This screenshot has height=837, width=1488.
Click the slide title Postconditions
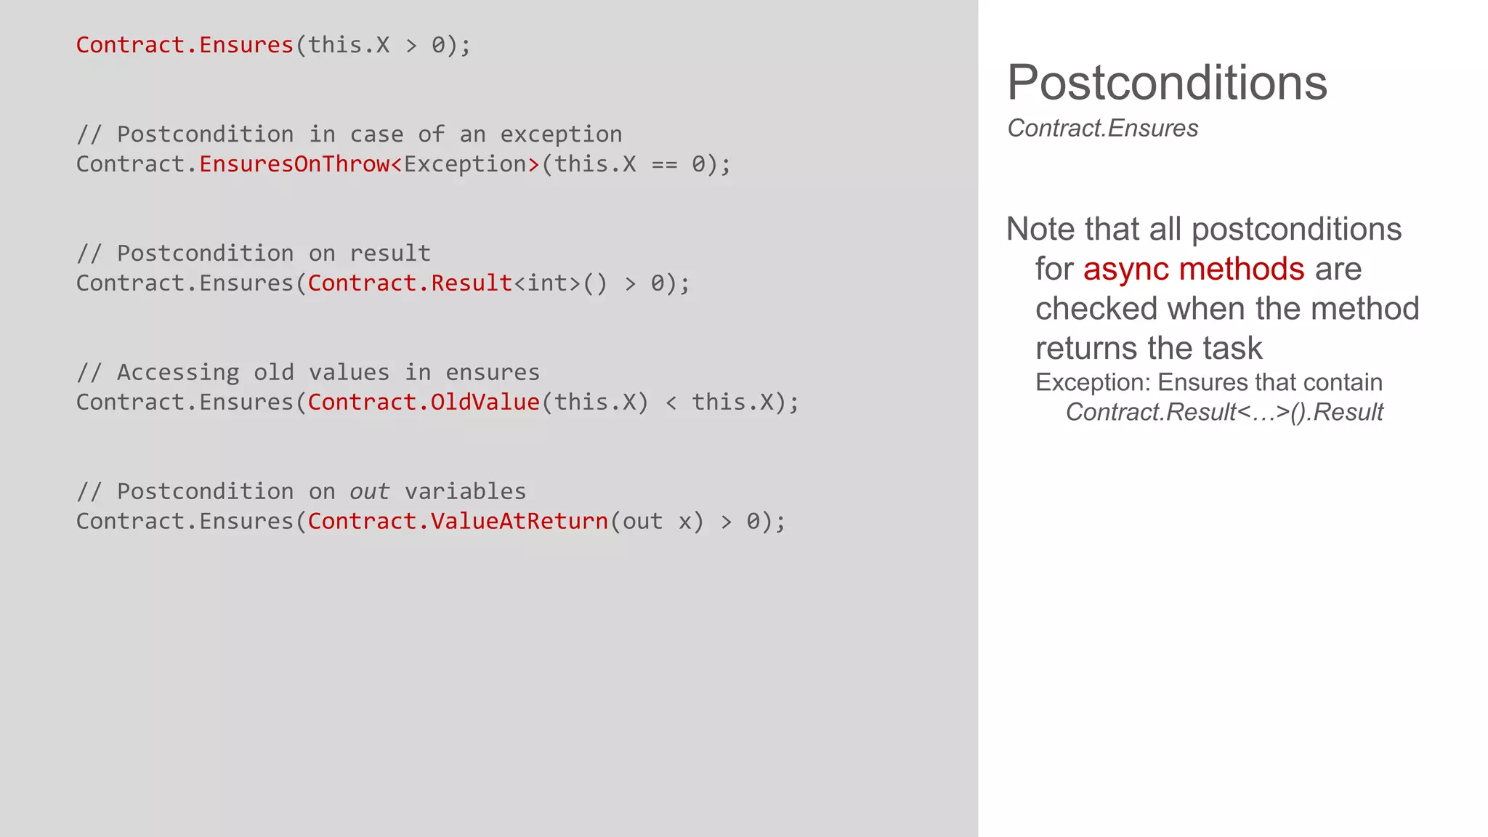tap(1166, 83)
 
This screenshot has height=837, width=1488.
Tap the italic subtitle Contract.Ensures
tap(1102, 129)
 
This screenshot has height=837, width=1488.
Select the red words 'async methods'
tap(1193, 269)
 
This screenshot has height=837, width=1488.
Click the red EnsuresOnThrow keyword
tap(294, 164)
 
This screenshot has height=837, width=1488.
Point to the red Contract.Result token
tap(410, 283)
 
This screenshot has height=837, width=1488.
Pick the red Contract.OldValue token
tap(424, 403)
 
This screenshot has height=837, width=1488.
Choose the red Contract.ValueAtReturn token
tap(458, 522)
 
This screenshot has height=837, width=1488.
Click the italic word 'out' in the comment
tap(369, 492)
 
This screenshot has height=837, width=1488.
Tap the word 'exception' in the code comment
tap(560, 134)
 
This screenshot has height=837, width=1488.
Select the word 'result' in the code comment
tap(390, 254)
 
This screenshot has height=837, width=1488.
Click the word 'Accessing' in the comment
tap(178, 373)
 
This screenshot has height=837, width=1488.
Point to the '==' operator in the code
tap(664, 164)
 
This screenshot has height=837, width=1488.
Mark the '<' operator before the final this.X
tap(671, 403)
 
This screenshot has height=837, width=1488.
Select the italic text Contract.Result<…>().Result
tap(1224, 413)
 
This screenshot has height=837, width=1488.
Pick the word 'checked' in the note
tap(1096, 309)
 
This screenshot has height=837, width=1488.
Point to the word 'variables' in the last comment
tap(465, 492)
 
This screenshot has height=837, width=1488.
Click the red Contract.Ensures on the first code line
tap(185, 45)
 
